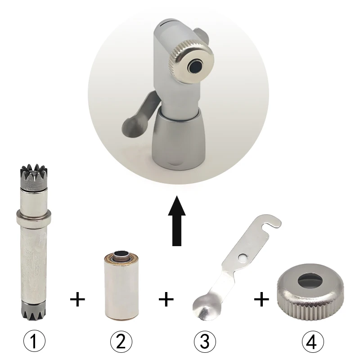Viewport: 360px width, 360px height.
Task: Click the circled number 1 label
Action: (x=35, y=341)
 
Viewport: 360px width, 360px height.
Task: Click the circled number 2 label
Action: (x=121, y=341)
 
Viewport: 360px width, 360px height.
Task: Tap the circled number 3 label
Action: (x=205, y=341)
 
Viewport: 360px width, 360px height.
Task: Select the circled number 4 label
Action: (x=313, y=341)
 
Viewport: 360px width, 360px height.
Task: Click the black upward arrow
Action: (x=176, y=220)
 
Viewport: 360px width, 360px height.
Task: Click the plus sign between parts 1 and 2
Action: (x=77, y=299)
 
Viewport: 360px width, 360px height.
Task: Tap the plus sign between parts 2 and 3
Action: (x=166, y=299)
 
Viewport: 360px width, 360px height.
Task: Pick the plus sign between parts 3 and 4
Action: (x=261, y=299)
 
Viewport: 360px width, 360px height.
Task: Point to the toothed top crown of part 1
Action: (x=34, y=176)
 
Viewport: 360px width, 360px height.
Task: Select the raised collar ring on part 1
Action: (x=33, y=216)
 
